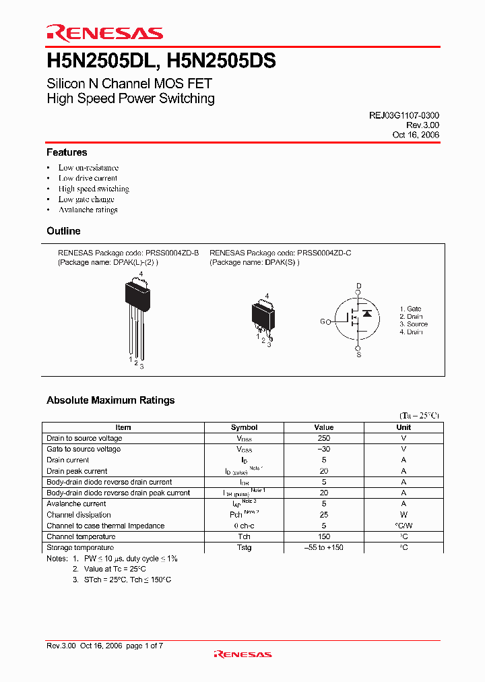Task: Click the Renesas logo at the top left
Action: pos(104,33)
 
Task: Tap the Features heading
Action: pos(67,152)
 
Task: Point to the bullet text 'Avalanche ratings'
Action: pos(88,210)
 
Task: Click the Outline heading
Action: pos(63,231)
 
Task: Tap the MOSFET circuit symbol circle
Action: pos(358,321)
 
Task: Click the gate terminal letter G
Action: pos(322,322)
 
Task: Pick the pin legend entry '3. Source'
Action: pos(414,324)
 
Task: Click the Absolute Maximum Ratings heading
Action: pos(110,400)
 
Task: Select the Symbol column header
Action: pos(244,427)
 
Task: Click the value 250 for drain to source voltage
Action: pos(323,438)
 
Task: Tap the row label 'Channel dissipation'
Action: pos(79,515)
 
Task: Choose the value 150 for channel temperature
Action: pos(323,536)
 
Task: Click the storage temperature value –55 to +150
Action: pos(323,547)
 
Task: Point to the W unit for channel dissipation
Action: pos(403,515)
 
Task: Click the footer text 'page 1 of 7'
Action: pos(144,646)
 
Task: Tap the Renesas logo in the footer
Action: pos(243,654)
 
